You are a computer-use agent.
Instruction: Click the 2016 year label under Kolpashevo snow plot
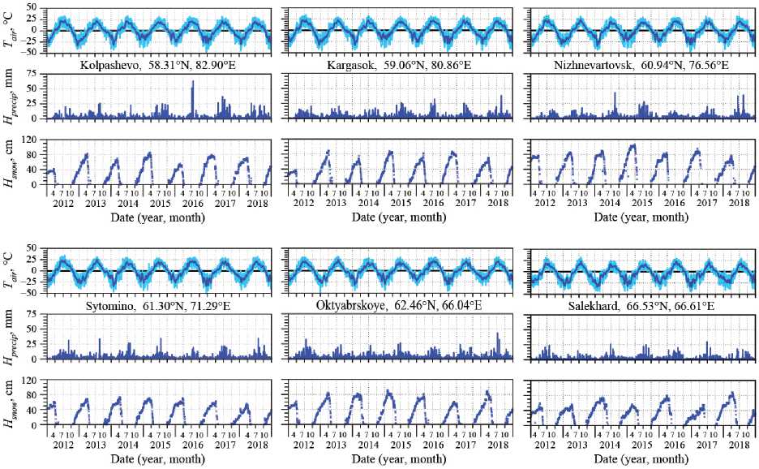click(x=191, y=202)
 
